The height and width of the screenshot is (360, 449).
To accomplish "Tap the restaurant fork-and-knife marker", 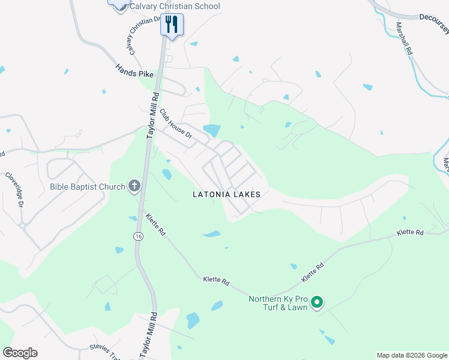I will point(172,25).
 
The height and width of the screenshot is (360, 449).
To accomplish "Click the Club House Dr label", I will point(175,124).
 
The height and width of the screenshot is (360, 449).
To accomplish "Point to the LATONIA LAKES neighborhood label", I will point(226,194).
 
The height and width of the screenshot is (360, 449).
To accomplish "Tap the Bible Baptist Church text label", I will point(86,187).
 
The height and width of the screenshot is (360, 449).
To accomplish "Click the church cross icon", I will point(134,187).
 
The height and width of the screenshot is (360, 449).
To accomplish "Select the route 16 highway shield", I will point(139,237).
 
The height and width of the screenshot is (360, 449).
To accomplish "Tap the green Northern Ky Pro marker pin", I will point(318,302).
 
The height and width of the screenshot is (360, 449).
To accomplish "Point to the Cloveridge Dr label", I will point(14,190).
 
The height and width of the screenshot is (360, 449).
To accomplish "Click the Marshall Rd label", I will point(404,40).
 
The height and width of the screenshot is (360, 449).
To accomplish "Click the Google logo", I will point(20,353).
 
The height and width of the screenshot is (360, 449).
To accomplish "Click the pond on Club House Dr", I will point(211,130).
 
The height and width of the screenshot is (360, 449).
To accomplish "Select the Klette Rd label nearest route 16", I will point(154,225).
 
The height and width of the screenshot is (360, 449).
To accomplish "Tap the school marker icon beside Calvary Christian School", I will point(119,4).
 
